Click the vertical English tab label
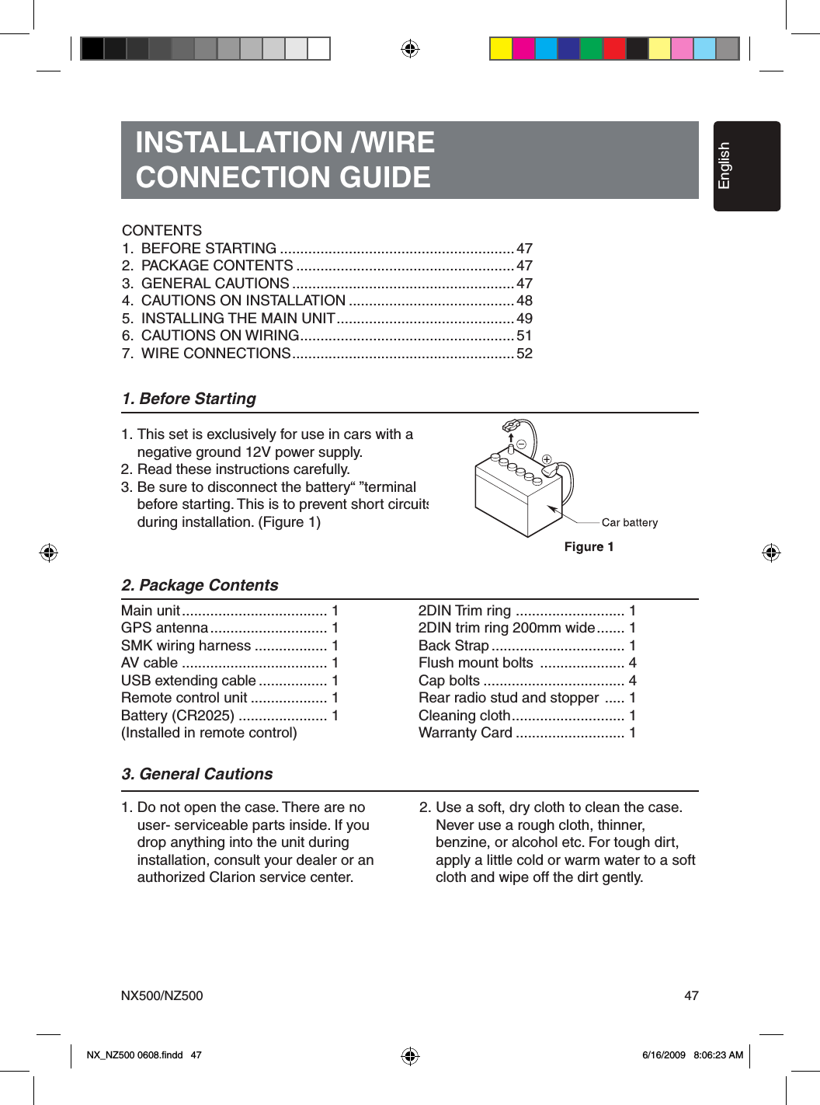point(724,166)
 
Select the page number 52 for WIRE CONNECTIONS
point(525,354)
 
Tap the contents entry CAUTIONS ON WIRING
point(220,336)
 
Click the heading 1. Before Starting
point(189,399)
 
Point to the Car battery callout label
point(629,522)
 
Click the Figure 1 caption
point(589,546)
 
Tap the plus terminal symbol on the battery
point(547,459)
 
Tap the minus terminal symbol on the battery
point(522,444)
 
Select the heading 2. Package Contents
point(200,585)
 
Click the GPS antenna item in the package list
point(165,628)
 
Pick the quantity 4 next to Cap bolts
point(632,681)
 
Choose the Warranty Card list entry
point(465,733)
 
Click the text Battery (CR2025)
point(177,716)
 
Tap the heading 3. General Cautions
point(196,774)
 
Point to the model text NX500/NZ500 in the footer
point(162,995)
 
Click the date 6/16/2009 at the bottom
point(664,1054)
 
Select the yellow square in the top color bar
point(501,49)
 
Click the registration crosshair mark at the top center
point(410,49)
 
